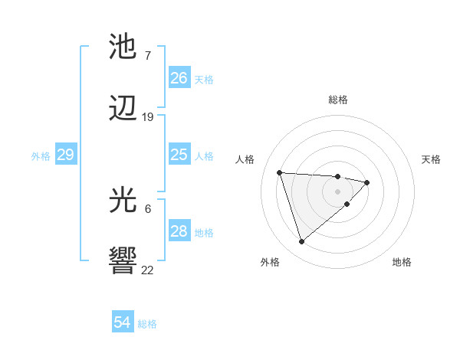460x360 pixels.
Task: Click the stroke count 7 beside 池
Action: [x=147, y=55]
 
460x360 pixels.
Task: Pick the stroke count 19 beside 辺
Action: [x=148, y=117]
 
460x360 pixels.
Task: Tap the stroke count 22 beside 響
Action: [x=148, y=269]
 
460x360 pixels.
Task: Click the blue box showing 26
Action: [x=179, y=77]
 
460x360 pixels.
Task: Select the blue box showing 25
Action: [x=179, y=155]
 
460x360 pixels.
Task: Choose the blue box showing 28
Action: [x=179, y=231]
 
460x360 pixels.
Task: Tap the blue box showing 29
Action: [x=65, y=155]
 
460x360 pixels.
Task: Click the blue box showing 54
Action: [x=122, y=322]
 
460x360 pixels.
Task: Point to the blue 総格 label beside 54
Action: [x=147, y=324]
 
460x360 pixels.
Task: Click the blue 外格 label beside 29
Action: [x=41, y=156]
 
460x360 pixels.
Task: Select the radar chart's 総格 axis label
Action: [x=337, y=100]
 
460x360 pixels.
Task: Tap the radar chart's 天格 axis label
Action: [x=432, y=159]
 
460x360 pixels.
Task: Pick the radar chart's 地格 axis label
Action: [x=402, y=262]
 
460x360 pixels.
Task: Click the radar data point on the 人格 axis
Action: [x=280, y=172]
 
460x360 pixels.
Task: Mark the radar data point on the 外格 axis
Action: [x=301, y=241]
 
